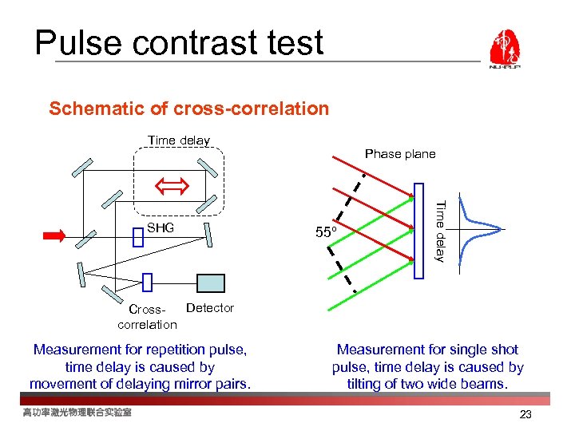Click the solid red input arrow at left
click(x=55, y=235)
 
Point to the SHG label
click(x=161, y=228)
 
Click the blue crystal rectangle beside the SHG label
click(x=137, y=236)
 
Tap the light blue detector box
click(x=211, y=283)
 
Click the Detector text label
click(x=209, y=308)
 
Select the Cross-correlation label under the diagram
click(x=147, y=316)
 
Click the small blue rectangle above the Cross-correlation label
click(x=147, y=282)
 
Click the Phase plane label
click(x=400, y=154)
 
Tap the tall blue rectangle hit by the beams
click(x=420, y=231)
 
